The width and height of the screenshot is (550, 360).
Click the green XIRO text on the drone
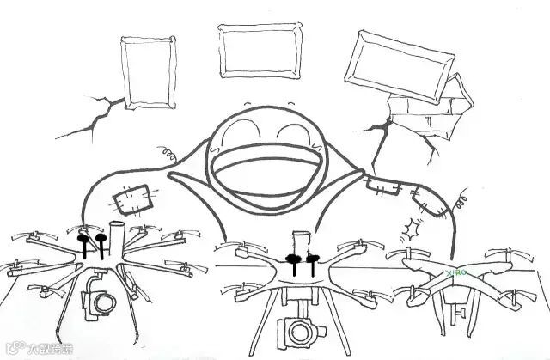tap(459, 272)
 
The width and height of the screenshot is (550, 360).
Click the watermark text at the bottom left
tap(34, 349)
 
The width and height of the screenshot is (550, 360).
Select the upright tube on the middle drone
tap(300, 245)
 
